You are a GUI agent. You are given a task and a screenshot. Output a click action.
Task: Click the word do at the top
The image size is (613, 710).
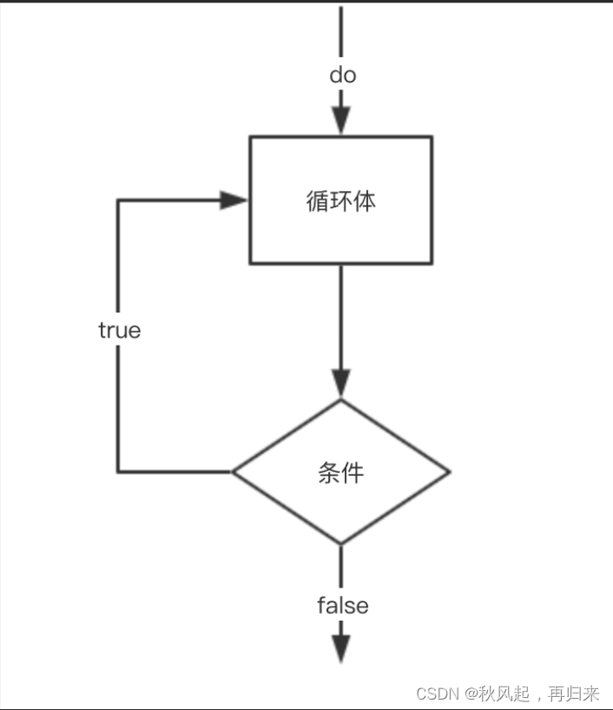[x=342, y=76]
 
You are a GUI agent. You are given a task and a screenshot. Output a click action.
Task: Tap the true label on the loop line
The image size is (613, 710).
[x=119, y=331]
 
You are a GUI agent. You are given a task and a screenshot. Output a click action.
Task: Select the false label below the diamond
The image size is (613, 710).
[x=342, y=605]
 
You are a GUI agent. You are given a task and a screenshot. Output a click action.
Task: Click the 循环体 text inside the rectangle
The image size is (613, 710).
[x=341, y=201]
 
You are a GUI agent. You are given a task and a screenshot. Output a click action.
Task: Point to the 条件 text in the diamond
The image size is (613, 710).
[x=341, y=473]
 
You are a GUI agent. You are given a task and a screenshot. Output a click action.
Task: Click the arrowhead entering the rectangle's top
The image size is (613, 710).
[x=341, y=122]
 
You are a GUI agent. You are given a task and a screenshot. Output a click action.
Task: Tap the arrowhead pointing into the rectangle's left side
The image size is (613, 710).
[x=234, y=201]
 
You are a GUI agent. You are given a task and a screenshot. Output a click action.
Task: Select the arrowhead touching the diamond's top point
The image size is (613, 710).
[x=341, y=384]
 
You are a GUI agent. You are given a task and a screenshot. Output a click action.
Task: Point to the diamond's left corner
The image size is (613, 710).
[x=233, y=472]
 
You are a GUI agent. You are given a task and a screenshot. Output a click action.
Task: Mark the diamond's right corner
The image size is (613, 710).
[x=450, y=472]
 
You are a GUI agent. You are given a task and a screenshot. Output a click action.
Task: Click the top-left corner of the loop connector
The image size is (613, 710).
[x=118, y=201]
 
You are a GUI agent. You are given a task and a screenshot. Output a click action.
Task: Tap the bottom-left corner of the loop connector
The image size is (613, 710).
[x=118, y=471]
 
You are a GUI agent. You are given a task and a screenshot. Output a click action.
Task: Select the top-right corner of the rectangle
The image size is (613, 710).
[x=432, y=137]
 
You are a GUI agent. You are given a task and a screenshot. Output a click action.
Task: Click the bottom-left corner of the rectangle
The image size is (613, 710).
[x=251, y=262]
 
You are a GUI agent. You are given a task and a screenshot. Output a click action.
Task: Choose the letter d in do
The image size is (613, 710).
[x=335, y=76]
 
